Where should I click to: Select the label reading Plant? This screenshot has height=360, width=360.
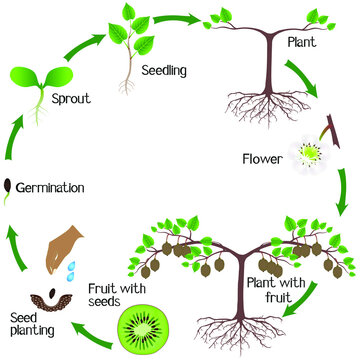point(303,43)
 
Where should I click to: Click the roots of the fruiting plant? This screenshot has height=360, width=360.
point(232,326)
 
